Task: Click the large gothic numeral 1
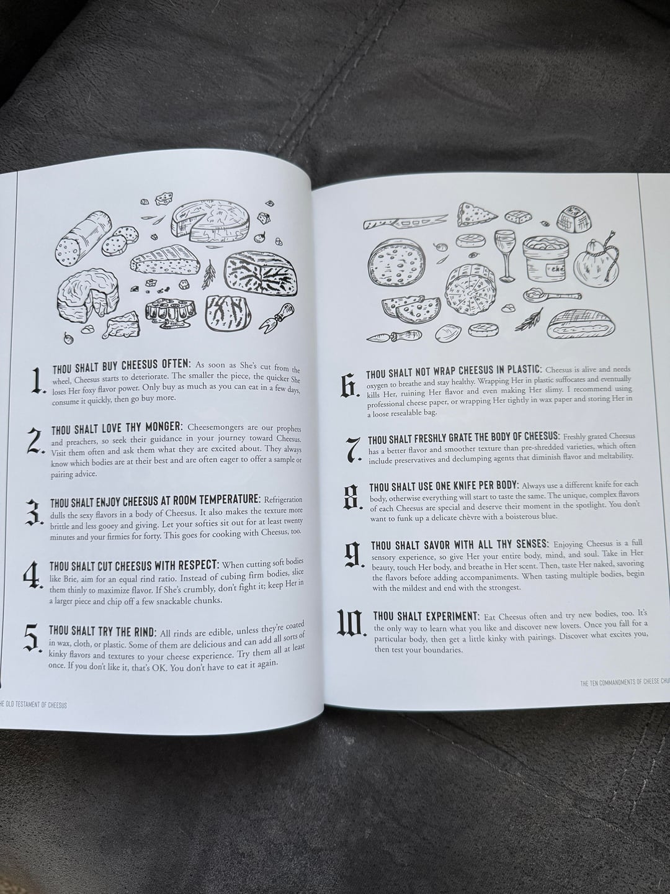tap(38, 381)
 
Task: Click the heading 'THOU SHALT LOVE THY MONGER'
tap(117, 428)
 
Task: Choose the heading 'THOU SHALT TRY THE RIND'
tap(102, 632)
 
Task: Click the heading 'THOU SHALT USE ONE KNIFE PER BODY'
tap(444, 487)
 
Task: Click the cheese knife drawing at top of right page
tap(406, 222)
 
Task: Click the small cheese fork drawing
tap(279, 317)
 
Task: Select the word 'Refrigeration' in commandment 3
tap(283, 499)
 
